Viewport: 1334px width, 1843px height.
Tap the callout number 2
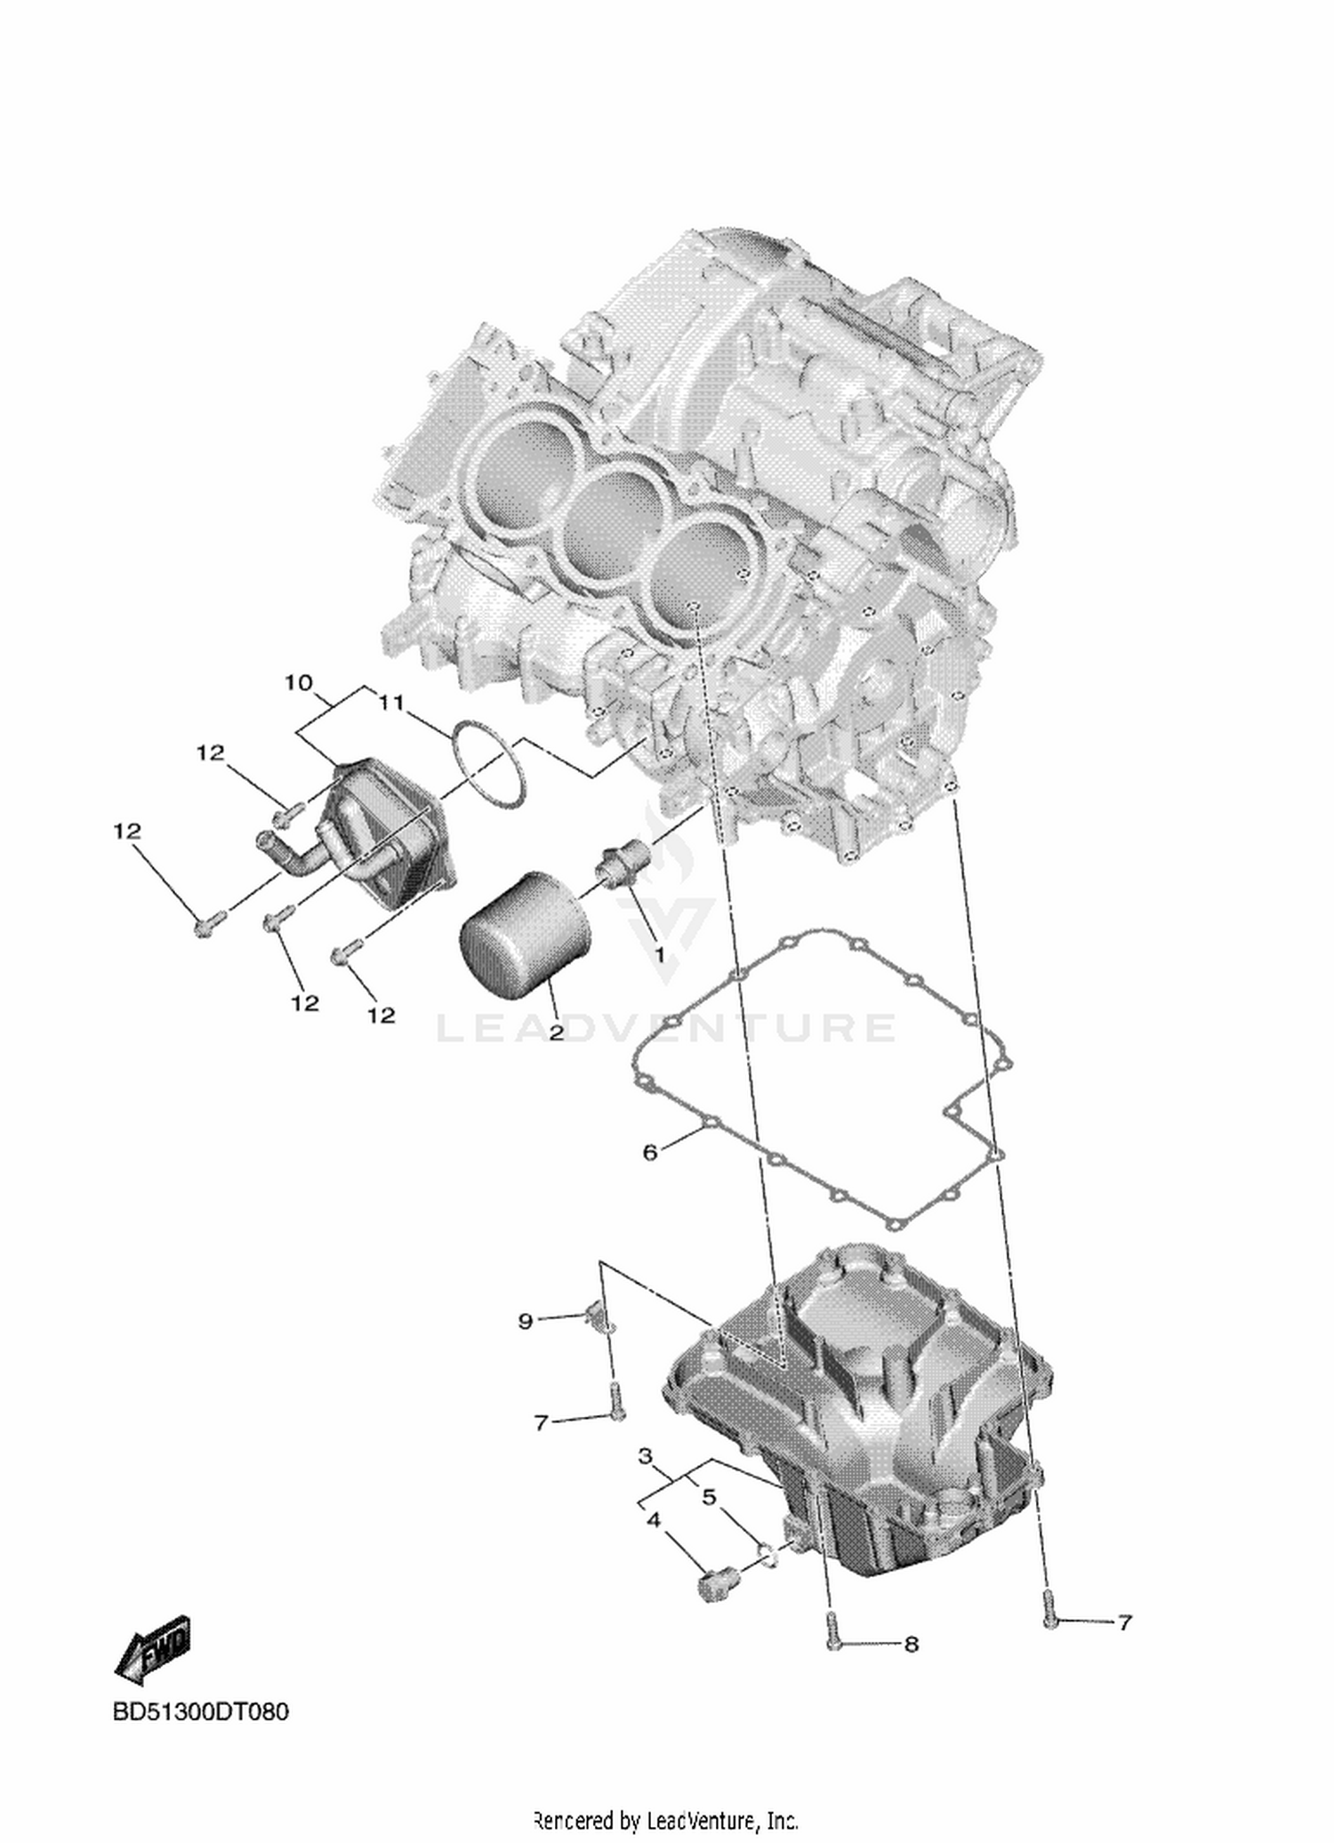pos(556,1032)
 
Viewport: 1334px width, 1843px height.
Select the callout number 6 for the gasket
pos(650,1153)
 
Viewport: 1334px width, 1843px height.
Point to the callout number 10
pos(299,683)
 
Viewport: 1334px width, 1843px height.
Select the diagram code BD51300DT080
pos(201,1711)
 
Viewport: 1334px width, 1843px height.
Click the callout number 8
pos(911,1645)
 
